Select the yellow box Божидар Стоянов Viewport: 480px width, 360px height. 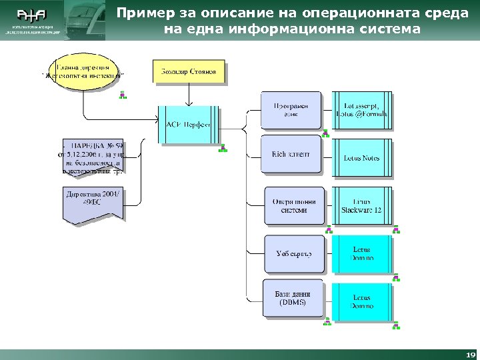pyautogui.click(x=189, y=71)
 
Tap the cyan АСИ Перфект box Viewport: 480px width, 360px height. pyautogui.click(x=188, y=124)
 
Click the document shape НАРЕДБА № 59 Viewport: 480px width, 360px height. pyautogui.click(x=92, y=157)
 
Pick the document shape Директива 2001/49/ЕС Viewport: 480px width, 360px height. pyautogui.click(x=93, y=202)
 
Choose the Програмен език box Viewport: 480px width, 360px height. pyautogui.click(x=291, y=110)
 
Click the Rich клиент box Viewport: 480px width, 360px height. pyautogui.click(x=291, y=155)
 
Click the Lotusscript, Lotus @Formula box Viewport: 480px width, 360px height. pyautogui.click(x=362, y=110)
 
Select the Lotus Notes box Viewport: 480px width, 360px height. pyautogui.click(x=362, y=158)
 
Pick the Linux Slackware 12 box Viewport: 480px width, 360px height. pyautogui.click(x=362, y=205)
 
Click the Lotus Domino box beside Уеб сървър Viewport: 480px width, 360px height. pyautogui.click(x=362, y=253)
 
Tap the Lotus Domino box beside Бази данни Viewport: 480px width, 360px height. pyautogui.click(x=362, y=301)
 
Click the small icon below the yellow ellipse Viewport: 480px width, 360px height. pyautogui.click(x=123, y=96)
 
